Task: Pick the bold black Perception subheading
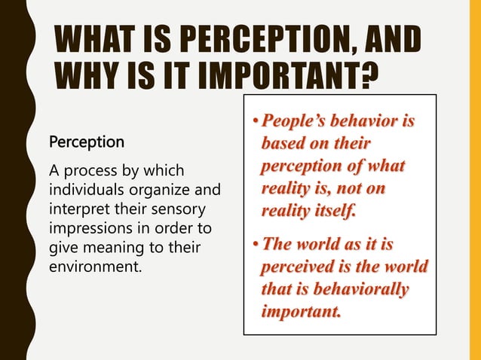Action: [x=87, y=142]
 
